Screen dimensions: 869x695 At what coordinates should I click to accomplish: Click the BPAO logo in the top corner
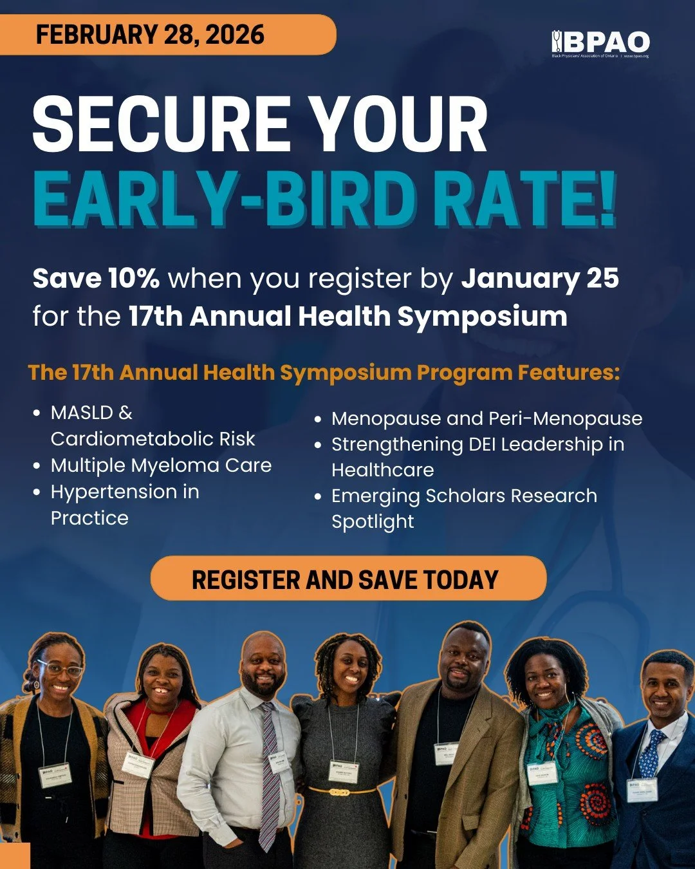(x=600, y=44)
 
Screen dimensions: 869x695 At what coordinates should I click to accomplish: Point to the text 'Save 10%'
(x=96, y=278)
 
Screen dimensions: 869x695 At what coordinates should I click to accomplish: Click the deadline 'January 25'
(x=540, y=278)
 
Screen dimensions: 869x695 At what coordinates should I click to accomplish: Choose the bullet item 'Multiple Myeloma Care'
(x=161, y=465)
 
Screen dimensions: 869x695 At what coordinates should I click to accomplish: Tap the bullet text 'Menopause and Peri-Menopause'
(x=486, y=418)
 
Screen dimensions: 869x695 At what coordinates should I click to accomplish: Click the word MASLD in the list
(x=82, y=413)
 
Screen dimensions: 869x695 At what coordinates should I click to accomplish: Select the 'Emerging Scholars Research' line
(x=464, y=496)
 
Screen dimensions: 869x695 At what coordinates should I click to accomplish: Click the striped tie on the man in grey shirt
(x=270, y=772)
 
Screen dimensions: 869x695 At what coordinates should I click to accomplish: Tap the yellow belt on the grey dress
(x=341, y=790)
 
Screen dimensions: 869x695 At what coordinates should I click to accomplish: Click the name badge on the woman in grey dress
(x=343, y=771)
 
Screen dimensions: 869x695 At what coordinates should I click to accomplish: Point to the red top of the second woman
(x=174, y=715)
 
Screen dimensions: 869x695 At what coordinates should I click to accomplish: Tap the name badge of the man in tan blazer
(x=445, y=753)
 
